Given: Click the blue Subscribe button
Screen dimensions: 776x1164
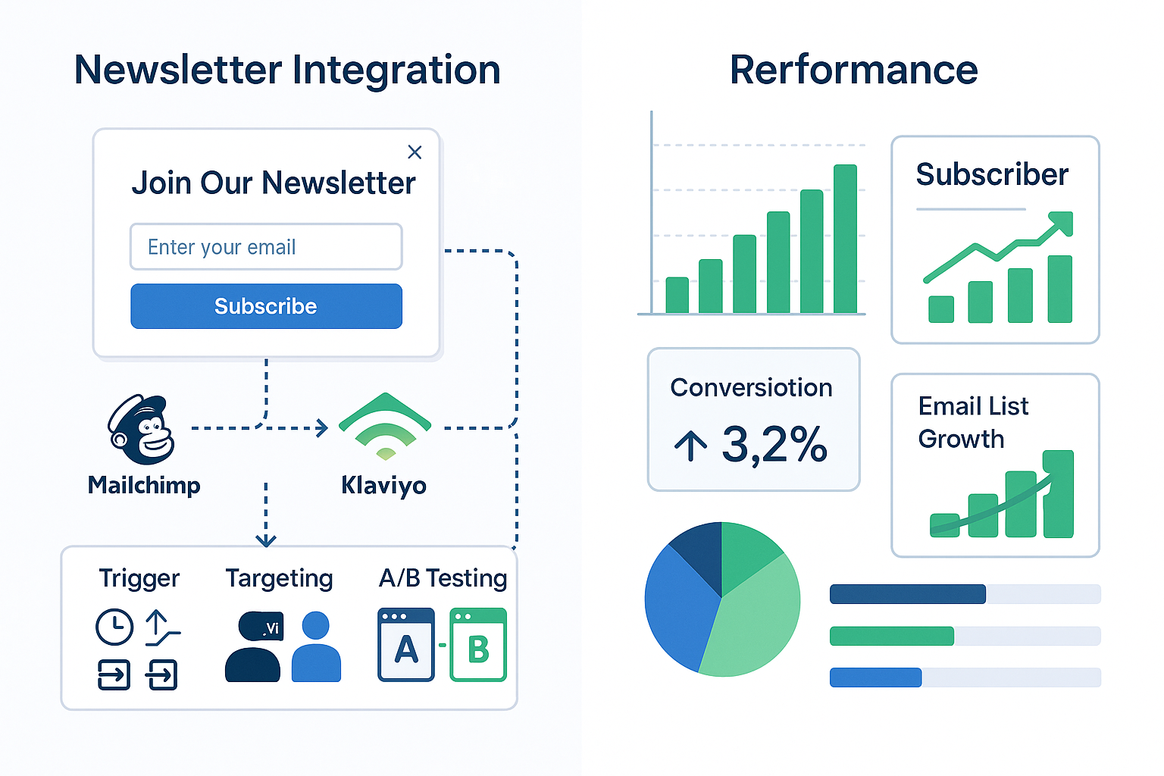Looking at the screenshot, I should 266,306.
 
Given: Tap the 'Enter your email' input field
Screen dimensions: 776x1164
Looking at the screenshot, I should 266,247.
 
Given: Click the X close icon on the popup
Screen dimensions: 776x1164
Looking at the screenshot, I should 415,152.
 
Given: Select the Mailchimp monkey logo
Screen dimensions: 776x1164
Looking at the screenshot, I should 142,430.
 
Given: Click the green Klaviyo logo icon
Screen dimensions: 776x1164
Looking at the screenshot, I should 385,426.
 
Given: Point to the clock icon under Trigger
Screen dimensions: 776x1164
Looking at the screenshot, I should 114,627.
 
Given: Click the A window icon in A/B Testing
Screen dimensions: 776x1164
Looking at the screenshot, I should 406,645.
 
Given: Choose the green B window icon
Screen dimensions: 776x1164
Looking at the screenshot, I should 478,645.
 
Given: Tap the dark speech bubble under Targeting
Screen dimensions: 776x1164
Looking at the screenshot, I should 261,627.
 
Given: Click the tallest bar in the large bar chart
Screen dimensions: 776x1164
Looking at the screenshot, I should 845,239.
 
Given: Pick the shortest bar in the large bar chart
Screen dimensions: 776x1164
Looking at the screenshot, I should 677,295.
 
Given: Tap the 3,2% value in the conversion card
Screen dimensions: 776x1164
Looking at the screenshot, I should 774,445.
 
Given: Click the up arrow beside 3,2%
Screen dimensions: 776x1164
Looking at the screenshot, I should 690,446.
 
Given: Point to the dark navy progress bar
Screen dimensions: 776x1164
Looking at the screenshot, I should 907,594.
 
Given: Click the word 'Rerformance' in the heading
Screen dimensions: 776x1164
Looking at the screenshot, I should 853,70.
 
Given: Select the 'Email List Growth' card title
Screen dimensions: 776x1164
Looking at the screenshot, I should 973,422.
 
